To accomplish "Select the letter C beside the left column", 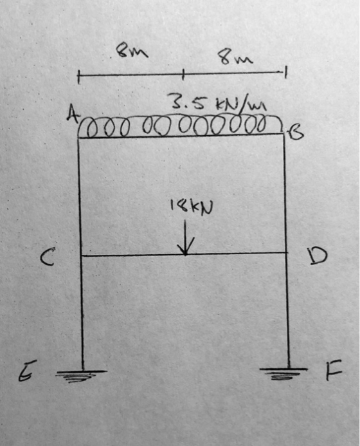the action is [x=47, y=256].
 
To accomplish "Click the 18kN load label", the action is [x=191, y=207].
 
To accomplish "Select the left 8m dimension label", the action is [x=132, y=51].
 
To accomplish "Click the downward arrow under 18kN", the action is [x=185, y=237].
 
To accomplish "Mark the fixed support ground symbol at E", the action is [x=80, y=375].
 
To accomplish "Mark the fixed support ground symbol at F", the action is [x=283, y=373].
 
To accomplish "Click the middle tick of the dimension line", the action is [x=183, y=75].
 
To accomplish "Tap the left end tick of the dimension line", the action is [x=79, y=77].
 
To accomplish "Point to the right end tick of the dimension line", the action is [x=286, y=72].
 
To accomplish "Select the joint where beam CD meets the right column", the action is [x=285, y=252].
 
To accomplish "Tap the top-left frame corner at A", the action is [x=78, y=138].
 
